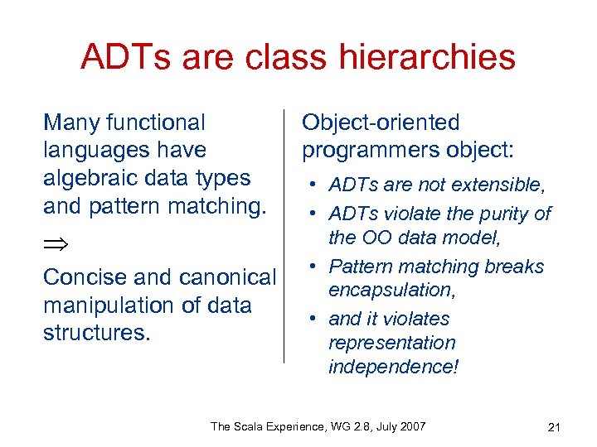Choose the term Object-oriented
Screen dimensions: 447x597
tap(380, 123)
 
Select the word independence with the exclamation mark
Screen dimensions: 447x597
tap(393, 367)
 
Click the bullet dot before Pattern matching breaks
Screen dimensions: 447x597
tap(316, 267)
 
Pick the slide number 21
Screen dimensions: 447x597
tap(555, 427)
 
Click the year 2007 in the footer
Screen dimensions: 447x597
tap(411, 426)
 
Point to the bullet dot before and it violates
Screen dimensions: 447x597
tap(316, 319)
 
